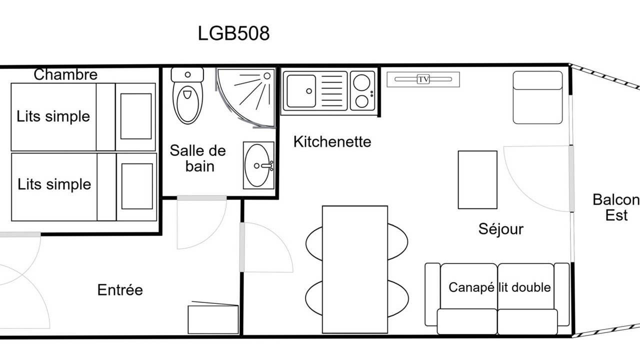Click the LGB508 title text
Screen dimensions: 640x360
click(x=233, y=33)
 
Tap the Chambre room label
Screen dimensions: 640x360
click(x=65, y=74)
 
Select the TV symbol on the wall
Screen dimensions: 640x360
click(x=423, y=79)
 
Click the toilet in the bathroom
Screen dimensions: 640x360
click(x=187, y=95)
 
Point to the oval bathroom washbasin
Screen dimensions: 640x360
click(x=257, y=165)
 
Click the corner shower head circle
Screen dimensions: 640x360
click(x=267, y=76)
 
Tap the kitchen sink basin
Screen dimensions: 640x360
click(x=301, y=91)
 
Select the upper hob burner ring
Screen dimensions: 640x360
click(x=361, y=82)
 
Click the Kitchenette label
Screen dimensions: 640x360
click(x=332, y=141)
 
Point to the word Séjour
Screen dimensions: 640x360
click(x=501, y=229)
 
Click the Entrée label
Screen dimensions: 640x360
click(x=120, y=289)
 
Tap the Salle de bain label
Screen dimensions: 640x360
click(x=197, y=158)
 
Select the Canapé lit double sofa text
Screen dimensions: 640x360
click(x=499, y=287)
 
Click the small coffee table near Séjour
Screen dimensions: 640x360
click(x=477, y=179)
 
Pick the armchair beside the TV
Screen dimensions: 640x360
click(x=537, y=97)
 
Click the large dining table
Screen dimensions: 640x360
click(x=355, y=269)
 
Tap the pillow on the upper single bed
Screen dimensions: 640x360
click(x=136, y=116)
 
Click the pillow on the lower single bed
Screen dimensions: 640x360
click(x=137, y=186)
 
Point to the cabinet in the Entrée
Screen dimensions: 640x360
click(x=213, y=319)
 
